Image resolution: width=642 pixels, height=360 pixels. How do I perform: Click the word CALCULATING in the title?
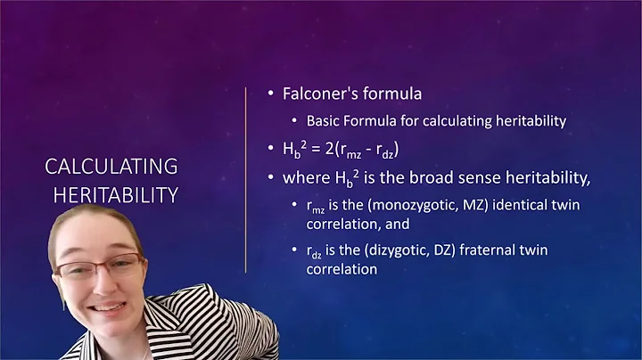[111, 166]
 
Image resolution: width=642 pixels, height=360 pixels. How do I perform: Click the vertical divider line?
[244, 178]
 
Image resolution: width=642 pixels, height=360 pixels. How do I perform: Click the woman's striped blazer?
[192, 330]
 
